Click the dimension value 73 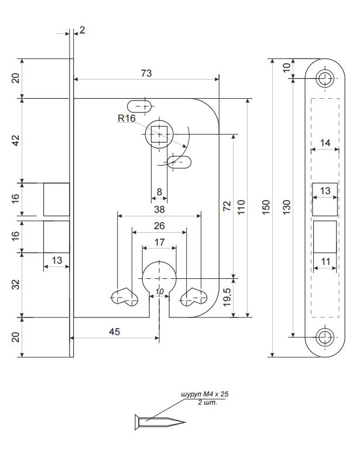coord(146,73)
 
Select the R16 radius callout coord(126,118)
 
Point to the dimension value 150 coord(266,207)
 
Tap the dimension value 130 coord(287,207)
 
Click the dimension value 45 coord(114,332)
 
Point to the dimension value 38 coord(159,209)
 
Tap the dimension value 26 coord(159,226)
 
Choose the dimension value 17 coord(159,242)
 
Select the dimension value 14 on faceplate coord(325,142)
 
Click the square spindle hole coord(159,134)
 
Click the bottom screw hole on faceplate coord(324,336)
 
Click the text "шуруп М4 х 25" coord(204,395)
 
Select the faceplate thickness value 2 coord(83,30)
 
